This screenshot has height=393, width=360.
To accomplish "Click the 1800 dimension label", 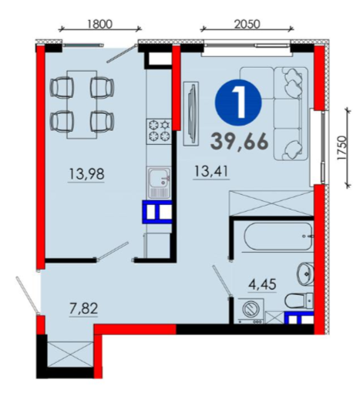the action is pyautogui.click(x=99, y=24).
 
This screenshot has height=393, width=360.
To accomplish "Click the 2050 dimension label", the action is pyautogui.click(x=247, y=24).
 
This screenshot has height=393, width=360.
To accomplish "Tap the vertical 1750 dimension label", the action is pyautogui.click(x=341, y=148).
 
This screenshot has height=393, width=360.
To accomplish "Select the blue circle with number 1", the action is pyautogui.click(x=238, y=102).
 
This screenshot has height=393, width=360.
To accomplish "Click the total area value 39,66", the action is pyautogui.click(x=239, y=142).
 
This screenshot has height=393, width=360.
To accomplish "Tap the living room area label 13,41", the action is pyautogui.click(x=211, y=171).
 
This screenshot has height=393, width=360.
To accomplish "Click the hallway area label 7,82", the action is pyautogui.click(x=83, y=308).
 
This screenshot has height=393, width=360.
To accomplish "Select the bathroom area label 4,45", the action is pyautogui.click(x=262, y=284).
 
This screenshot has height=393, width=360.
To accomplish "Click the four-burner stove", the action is pyautogui.click(x=159, y=131).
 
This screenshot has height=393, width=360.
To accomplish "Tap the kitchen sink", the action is pyautogui.click(x=159, y=183).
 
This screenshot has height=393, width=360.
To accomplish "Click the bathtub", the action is pyautogui.click(x=278, y=237).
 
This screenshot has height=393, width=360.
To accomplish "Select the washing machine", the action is pyautogui.click(x=251, y=311).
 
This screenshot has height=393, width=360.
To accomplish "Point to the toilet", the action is pyautogui.click(x=299, y=301).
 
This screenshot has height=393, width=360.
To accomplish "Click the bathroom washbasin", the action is pyautogui.click(x=305, y=274).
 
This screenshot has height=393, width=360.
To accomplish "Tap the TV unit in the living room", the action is pyautogui.click(x=191, y=114).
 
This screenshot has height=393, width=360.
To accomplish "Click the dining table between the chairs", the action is pyautogui.click(x=82, y=105).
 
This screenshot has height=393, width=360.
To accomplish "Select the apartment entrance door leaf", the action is pyautogui.click(x=27, y=295).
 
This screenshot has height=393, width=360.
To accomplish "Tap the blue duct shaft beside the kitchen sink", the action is pyautogui.click(x=157, y=212).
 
